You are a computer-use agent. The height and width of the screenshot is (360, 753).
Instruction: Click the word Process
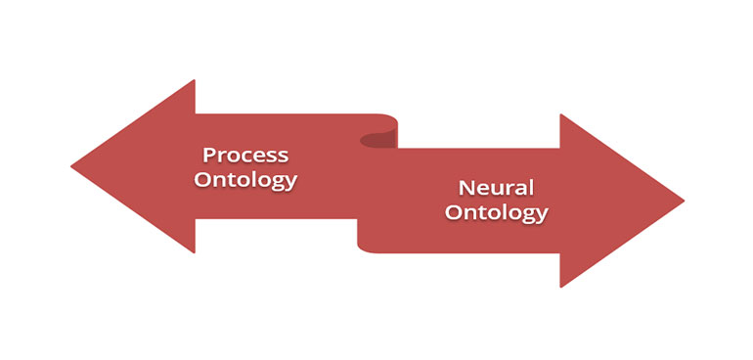(245, 156)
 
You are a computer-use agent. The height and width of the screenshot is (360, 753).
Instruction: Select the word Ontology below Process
(245, 181)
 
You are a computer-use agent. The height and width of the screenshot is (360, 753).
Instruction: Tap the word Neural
(496, 188)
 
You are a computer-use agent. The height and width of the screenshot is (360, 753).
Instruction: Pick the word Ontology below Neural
(496, 213)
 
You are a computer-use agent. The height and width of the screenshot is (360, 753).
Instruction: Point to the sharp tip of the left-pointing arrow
(71, 166)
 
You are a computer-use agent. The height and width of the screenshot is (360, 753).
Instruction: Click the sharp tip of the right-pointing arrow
(684, 201)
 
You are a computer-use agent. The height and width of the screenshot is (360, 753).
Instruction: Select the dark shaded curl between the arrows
(378, 140)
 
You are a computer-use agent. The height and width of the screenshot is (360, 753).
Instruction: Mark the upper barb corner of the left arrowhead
(195, 80)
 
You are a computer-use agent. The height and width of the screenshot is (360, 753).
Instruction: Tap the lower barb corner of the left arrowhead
(195, 252)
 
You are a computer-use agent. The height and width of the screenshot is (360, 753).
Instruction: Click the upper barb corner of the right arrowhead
(560, 114)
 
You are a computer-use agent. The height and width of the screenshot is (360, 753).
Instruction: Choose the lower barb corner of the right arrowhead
(560, 287)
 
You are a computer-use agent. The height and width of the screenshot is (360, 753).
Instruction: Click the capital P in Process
(208, 155)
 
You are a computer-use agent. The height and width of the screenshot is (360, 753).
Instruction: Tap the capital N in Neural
(465, 188)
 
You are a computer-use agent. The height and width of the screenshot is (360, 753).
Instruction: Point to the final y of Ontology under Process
(291, 183)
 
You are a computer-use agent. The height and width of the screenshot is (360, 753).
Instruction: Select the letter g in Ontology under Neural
(531, 215)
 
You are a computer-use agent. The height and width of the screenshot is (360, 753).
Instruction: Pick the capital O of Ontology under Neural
(453, 212)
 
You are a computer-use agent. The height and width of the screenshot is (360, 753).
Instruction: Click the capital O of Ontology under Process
(202, 180)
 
